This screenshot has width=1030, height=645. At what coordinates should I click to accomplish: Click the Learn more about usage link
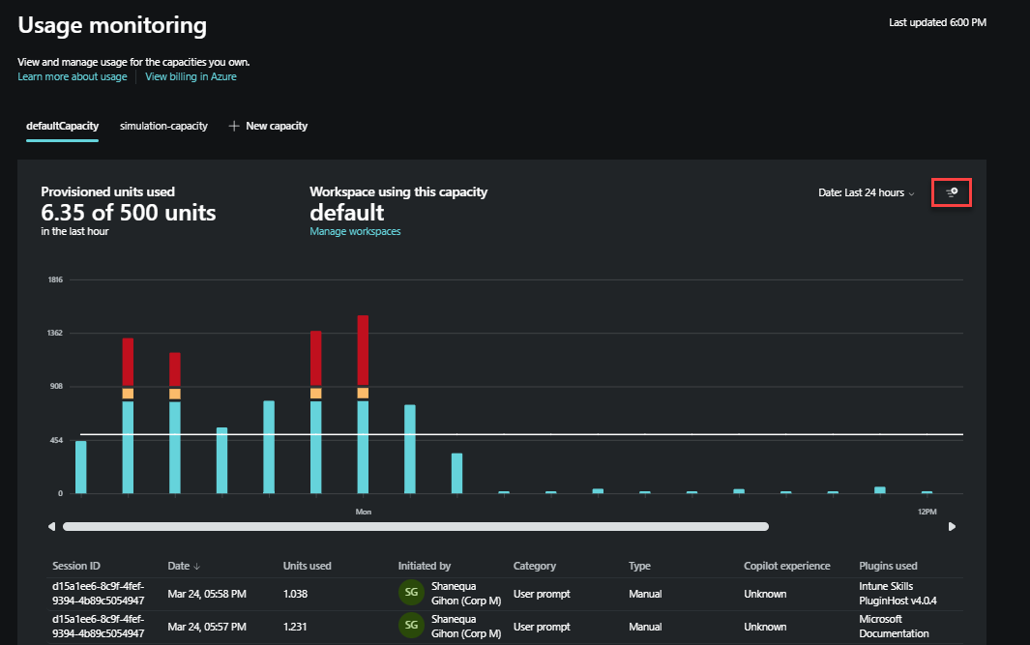click(72, 76)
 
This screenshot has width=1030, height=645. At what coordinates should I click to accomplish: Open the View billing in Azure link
click(191, 76)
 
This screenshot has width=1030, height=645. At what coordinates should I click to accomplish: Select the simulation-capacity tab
click(163, 126)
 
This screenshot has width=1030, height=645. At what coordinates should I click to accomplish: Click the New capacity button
click(268, 126)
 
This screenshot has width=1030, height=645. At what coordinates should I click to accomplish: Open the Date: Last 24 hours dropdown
click(867, 192)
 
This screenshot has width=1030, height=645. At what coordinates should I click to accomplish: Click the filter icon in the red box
click(952, 192)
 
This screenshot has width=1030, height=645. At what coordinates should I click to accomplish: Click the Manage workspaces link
click(355, 231)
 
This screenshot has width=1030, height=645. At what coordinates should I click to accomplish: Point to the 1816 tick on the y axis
click(55, 279)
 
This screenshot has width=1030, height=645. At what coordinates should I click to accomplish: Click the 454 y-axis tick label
click(56, 440)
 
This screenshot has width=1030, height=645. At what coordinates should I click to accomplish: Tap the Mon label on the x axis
click(364, 511)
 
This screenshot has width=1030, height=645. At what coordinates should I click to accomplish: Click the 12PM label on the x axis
click(927, 511)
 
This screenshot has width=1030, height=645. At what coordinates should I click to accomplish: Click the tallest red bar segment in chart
click(363, 350)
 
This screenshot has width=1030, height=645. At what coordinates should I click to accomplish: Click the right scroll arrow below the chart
click(952, 527)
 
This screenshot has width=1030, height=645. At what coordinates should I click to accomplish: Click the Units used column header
click(307, 566)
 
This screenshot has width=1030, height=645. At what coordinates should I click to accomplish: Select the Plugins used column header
click(888, 566)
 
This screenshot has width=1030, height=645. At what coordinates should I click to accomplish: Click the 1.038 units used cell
click(297, 594)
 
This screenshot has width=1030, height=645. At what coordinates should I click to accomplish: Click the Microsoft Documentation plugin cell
click(894, 626)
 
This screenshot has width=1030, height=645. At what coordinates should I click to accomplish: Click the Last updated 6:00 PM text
click(936, 21)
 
